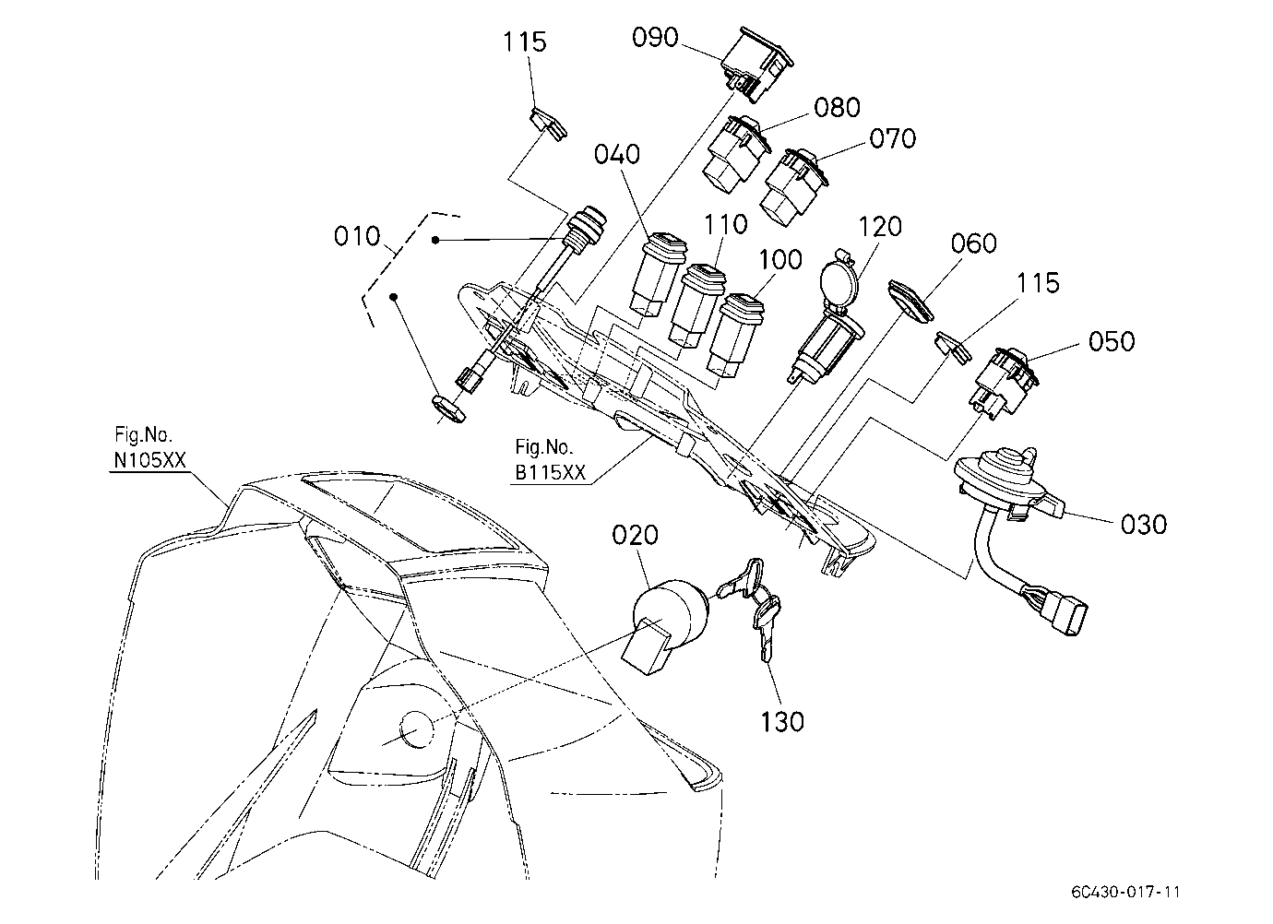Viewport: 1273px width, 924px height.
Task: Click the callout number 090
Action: point(655,38)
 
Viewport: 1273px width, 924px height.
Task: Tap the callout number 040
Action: point(617,155)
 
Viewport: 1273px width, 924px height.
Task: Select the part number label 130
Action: point(782,722)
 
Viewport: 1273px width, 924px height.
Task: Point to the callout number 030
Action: point(1144,525)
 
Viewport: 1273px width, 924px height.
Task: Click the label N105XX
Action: point(150,460)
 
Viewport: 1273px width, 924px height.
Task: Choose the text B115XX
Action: point(550,473)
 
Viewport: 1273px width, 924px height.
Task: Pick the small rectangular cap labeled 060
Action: point(911,302)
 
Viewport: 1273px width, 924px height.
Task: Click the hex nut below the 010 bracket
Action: point(448,408)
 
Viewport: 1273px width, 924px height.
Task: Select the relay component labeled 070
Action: point(794,187)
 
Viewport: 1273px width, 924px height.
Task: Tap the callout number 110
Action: point(726,225)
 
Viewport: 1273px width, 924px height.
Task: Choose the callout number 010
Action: point(356,236)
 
